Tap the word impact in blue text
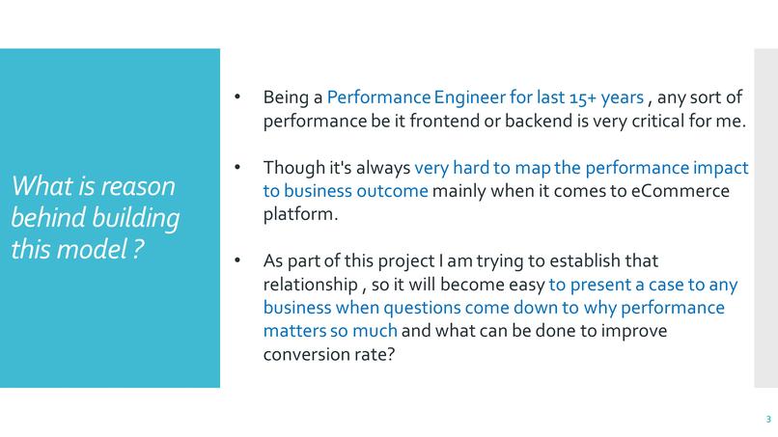(x=721, y=167)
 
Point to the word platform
(x=298, y=214)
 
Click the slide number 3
(x=768, y=420)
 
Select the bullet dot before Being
(x=238, y=97)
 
